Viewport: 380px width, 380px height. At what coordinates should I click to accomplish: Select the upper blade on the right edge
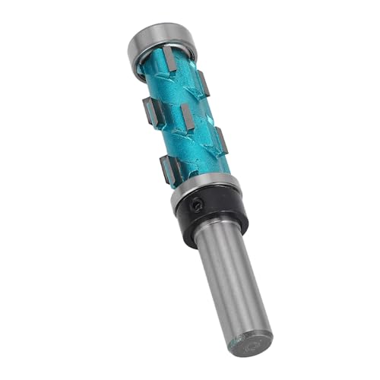coord(203,84)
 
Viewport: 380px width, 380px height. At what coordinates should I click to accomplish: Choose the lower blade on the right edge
coord(221,140)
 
